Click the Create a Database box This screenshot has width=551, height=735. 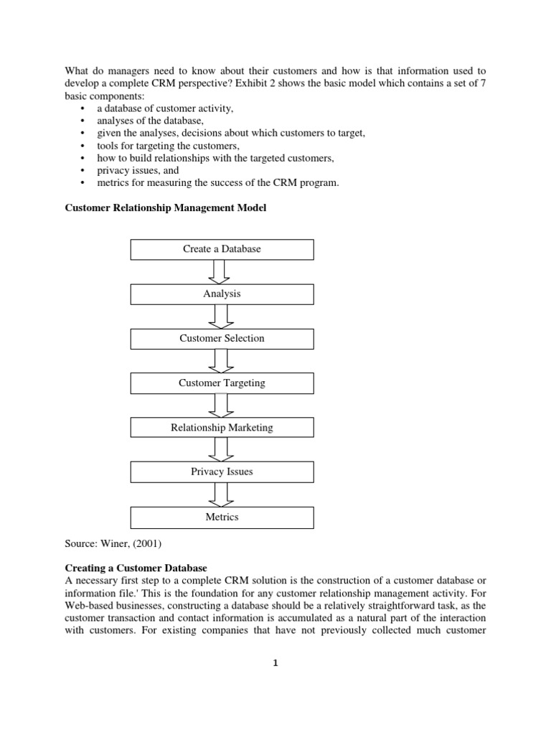[222, 249]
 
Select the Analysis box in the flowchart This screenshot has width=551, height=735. [222, 294]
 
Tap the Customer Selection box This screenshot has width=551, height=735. [222, 338]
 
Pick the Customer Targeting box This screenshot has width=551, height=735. [222, 383]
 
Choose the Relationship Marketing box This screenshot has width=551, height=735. [222, 428]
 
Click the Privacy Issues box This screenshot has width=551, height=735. [222, 472]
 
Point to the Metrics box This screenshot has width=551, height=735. [222, 517]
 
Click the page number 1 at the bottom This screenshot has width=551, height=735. [275, 663]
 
